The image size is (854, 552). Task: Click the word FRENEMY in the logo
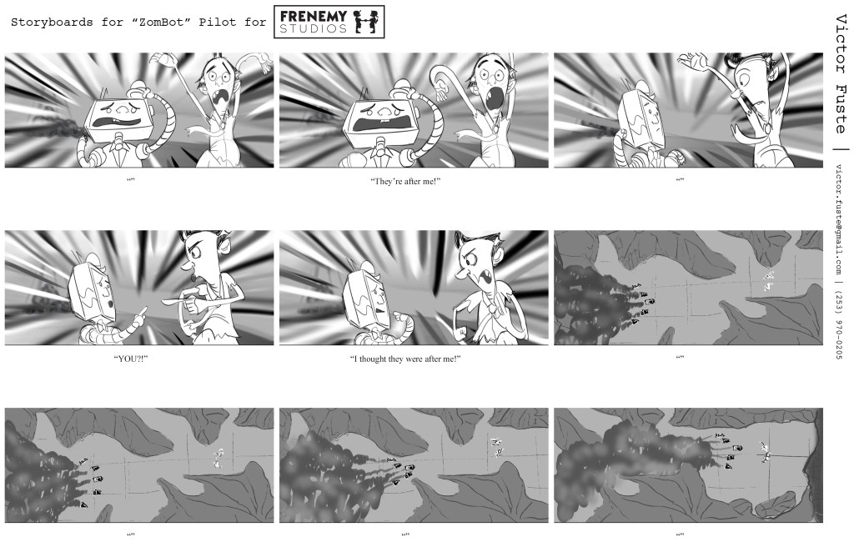pos(314,17)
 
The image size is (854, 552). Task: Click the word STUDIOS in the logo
pos(314,29)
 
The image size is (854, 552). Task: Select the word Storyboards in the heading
pos(52,23)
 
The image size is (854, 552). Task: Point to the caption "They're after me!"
pos(405,181)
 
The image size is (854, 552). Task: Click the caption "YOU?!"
pos(131,359)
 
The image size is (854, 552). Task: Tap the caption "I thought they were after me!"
pos(405,359)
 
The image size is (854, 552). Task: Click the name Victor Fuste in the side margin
pos(841,74)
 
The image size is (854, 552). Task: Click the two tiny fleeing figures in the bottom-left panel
pos(219,458)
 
